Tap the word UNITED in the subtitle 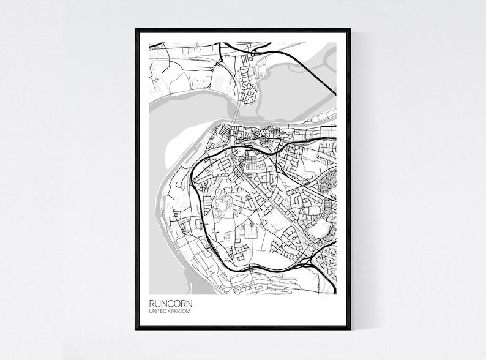157,312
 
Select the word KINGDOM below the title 179,312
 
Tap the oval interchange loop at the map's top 256,48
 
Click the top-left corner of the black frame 136,29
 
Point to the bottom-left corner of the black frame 136,329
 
